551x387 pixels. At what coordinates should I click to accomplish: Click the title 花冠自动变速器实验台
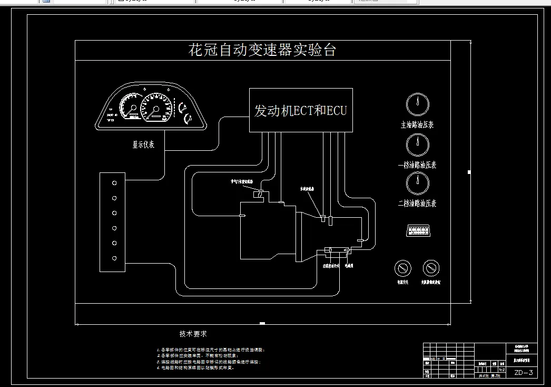pyautogui.click(x=262, y=51)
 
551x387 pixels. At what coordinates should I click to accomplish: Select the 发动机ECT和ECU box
pyautogui.click(x=301, y=110)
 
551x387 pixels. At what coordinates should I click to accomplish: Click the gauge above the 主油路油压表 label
pyautogui.click(x=417, y=104)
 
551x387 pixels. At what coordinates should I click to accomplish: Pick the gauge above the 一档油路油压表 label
pyautogui.click(x=417, y=144)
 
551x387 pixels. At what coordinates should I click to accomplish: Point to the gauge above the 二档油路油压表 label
pyautogui.click(x=417, y=183)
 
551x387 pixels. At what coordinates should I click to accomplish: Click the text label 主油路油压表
pyautogui.click(x=417, y=125)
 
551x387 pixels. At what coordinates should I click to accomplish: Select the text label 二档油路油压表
pyautogui.click(x=417, y=204)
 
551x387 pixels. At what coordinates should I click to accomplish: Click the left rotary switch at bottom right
pyautogui.click(x=402, y=268)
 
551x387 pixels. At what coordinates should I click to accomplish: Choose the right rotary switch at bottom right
pyautogui.click(x=431, y=268)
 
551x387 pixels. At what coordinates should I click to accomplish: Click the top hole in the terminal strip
pyautogui.click(x=114, y=182)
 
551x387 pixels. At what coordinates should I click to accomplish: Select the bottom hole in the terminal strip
pyautogui.click(x=114, y=258)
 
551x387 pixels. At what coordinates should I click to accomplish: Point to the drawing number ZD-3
pyautogui.click(x=524, y=373)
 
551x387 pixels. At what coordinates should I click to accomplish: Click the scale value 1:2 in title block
pyautogui.click(x=502, y=370)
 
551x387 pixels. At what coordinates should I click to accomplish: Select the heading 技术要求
pyautogui.click(x=193, y=334)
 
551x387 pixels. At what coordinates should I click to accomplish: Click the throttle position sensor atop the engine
pyautogui.click(x=259, y=195)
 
